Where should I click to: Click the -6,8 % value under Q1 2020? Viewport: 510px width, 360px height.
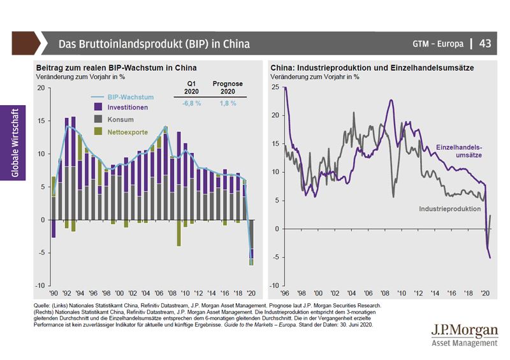click(191, 103)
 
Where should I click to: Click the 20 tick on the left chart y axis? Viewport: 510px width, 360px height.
click(41, 87)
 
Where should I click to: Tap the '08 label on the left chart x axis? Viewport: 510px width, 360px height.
click(172, 292)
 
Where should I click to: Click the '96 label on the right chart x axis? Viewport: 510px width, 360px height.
click(284, 293)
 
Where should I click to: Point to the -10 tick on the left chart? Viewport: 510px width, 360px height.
click(39, 285)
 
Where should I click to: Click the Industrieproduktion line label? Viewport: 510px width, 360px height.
click(449, 209)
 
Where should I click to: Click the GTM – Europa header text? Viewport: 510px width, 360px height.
click(437, 45)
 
